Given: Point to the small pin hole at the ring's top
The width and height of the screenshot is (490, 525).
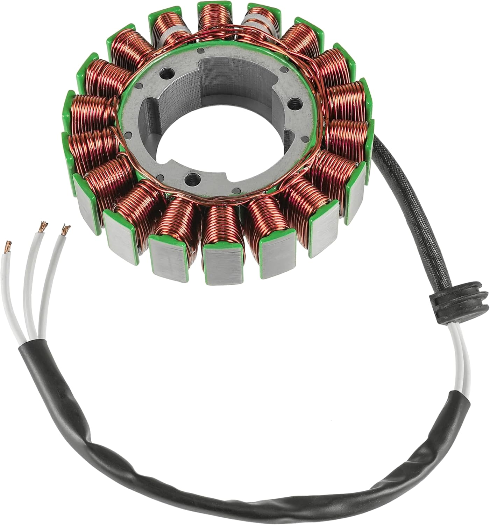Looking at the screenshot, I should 200,51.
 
